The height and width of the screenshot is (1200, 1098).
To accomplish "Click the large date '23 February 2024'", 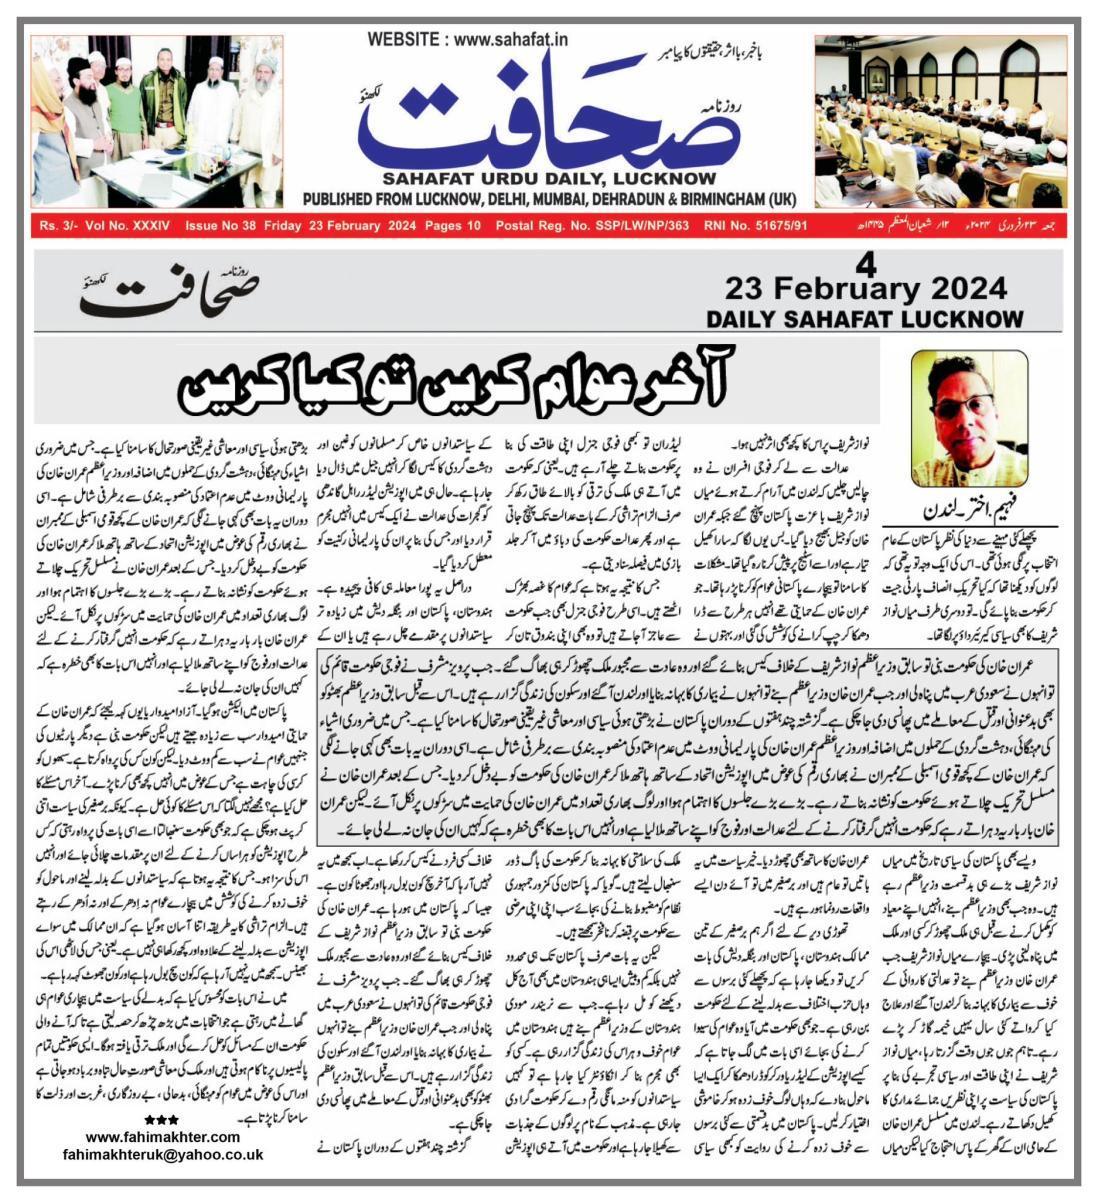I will [865, 290].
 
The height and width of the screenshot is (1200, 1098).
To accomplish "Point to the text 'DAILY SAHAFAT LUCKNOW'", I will [865, 319].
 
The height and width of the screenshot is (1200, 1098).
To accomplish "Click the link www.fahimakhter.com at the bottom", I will [163, 1137].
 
